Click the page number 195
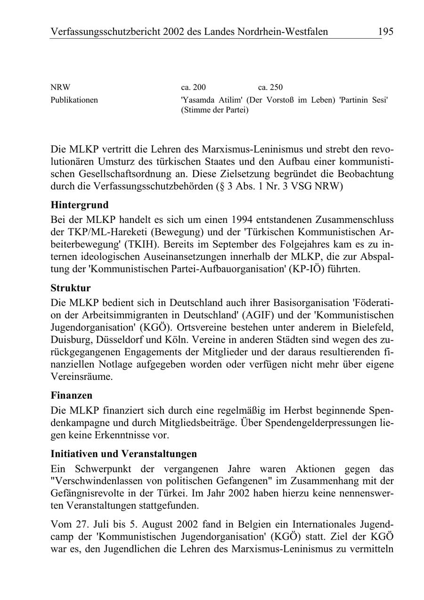tap(385, 32)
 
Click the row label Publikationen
tap(74, 100)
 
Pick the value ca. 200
tap(193, 87)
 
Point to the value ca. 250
tap(270, 87)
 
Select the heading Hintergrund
tap(80, 205)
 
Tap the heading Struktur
tap(71, 288)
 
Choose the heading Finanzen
tap(72, 395)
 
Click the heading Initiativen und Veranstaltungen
tap(124, 454)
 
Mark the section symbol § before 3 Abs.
tap(218, 186)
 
